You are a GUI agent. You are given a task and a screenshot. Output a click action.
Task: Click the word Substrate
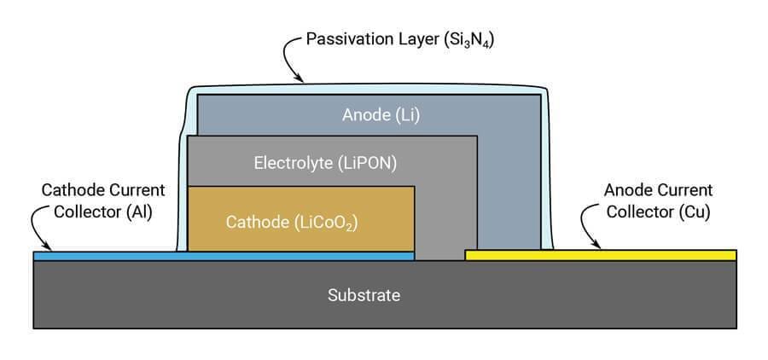coord(364,296)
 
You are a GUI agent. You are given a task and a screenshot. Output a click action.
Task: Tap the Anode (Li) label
coord(381,115)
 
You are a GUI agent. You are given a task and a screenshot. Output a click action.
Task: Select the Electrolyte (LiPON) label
coord(325,162)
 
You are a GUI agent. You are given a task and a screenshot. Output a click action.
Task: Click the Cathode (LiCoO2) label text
coord(291,223)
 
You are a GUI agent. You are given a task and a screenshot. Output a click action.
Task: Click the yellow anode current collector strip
coord(600,254)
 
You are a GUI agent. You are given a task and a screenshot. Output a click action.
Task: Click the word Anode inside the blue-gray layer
coord(363,115)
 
